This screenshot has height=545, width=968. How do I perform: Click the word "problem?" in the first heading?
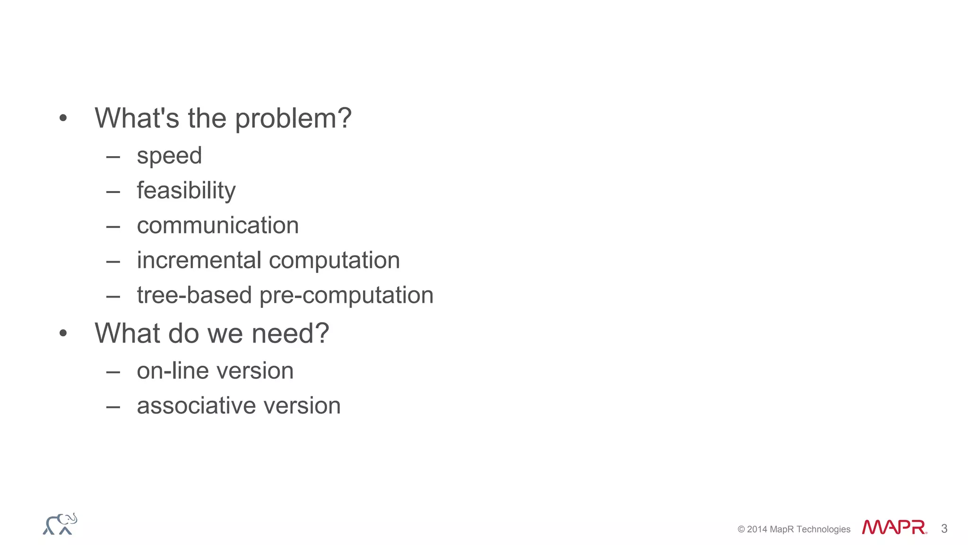(x=293, y=118)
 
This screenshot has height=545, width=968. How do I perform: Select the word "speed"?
(x=169, y=156)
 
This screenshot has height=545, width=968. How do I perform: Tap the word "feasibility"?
(x=186, y=191)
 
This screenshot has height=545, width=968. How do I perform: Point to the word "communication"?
(x=217, y=226)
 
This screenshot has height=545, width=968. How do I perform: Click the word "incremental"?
(x=199, y=261)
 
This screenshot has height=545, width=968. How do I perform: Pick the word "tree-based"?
(x=194, y=295)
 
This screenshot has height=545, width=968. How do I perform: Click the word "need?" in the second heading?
(x=290, y=333)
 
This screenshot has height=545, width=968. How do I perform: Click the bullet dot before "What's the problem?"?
(x=63, y=118)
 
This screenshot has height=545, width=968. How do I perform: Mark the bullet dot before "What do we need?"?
(x=63, y=334)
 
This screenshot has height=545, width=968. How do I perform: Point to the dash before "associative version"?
(x=113, y=406)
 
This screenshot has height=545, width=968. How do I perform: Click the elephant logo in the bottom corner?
(x=60, y=524)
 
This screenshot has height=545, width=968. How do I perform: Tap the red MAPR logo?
(x=894, y=527)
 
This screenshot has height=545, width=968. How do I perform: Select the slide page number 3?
(x=944, y=528)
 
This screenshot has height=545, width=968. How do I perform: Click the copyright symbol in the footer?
(x=741, y=529)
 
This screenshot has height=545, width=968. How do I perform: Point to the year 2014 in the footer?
(x=757, y=529)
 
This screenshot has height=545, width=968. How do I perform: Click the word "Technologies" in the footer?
(x=823, y=529)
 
